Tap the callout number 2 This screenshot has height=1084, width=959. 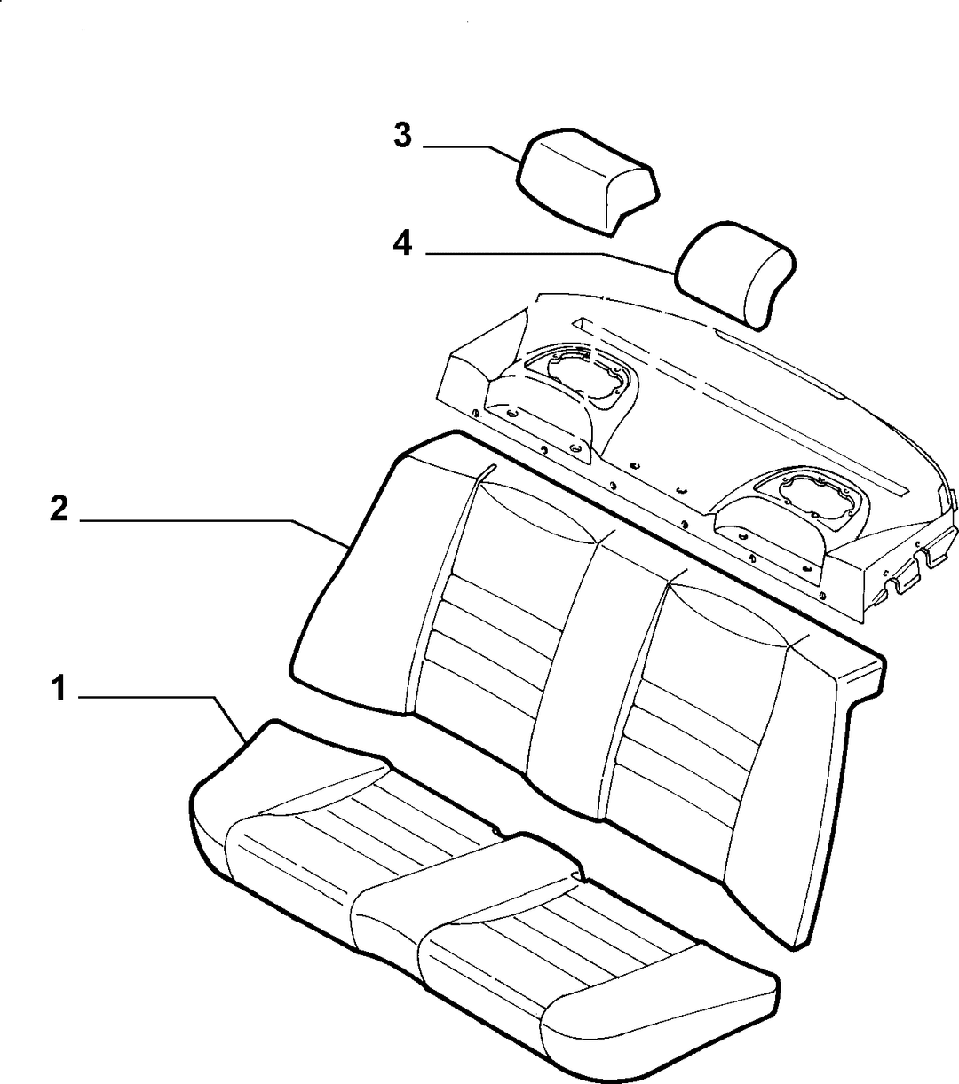[x=59, y=509]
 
